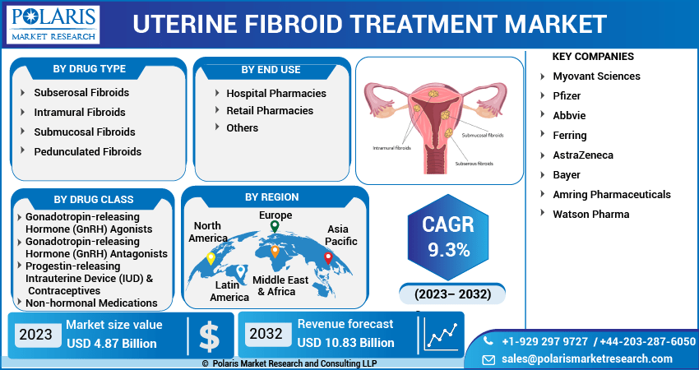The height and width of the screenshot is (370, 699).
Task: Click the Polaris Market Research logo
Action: [53, 25]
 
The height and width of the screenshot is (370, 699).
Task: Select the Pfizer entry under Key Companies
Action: [567, 96]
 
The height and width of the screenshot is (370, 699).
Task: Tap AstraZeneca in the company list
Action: [583, 155]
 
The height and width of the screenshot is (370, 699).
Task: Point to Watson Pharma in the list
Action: [591, 214]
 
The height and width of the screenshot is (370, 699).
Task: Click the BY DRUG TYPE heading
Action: [89, 69]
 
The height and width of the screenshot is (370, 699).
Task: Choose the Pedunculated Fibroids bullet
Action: [88, 151]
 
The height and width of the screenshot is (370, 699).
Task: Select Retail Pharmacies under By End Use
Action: [270, 110]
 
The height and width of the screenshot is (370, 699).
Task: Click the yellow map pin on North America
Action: [211, 258]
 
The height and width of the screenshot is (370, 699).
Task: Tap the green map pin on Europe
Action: [275, 226]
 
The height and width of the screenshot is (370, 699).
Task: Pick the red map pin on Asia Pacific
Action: [328, 258]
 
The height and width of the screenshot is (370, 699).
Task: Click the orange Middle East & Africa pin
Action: [275, 252]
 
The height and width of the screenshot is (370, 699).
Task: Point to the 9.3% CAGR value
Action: [449, 251]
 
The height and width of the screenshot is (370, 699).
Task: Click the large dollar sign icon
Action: [209, 336]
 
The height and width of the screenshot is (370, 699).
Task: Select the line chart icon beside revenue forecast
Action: [442, 335]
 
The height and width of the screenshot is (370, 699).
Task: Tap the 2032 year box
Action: [266, 334]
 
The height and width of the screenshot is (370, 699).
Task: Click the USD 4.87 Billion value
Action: [112, 344]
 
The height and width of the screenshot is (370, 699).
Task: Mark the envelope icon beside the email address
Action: [488, 359]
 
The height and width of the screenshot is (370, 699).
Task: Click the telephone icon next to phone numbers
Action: [488, 341]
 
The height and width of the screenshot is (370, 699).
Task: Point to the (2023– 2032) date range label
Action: [452, 294]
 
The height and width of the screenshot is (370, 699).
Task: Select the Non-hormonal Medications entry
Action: [91, 303]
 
